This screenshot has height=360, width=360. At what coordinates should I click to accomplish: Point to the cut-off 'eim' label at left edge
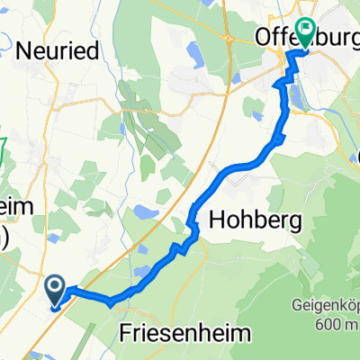(13, 206)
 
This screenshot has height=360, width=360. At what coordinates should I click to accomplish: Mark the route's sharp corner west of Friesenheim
(112, 302)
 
